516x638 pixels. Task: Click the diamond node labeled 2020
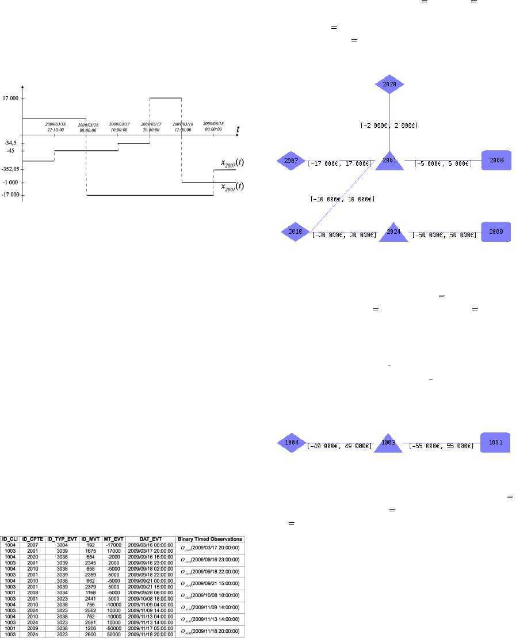[390, 84]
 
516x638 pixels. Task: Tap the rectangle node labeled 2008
[495, 161]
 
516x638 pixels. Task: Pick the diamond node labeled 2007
[291, 161]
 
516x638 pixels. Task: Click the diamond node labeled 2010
[296, 231]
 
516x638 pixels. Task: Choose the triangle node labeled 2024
[393, 233]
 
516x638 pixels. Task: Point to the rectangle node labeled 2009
[495, 231]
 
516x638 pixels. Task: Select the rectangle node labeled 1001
[495, 442]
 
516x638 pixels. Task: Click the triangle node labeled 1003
[387, 443]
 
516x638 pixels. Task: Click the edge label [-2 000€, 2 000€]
[389, 125]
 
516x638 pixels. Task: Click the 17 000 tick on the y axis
[10, 98]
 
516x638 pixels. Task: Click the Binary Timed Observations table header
[210, 539]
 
